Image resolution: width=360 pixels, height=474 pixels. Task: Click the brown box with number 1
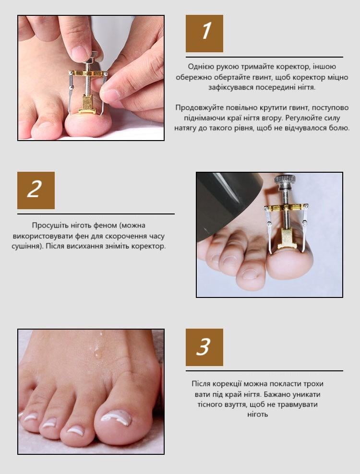coord(204,34)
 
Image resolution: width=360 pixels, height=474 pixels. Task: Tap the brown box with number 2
coord(36,190)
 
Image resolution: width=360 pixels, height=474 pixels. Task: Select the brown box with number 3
coord(204,347)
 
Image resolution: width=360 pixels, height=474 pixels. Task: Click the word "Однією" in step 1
coord(198,67)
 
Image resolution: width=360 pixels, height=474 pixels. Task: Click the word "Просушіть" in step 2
coord(47,225)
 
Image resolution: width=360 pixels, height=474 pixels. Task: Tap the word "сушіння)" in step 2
coord(26,246)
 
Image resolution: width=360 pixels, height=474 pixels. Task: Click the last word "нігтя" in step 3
coord(257,415)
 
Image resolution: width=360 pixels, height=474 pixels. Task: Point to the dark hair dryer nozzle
coord(228,205)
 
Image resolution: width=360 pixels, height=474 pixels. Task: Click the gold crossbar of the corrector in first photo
coord(88,73)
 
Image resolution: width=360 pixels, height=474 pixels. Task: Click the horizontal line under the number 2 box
coord(96,213)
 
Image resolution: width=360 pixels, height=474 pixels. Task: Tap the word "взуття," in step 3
coord(233,404)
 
